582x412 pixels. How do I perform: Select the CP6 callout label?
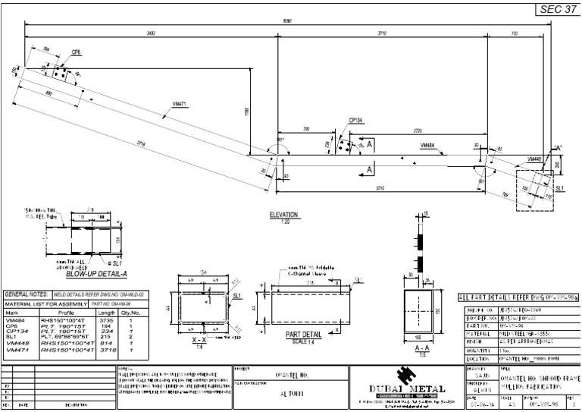pyautogui.click(x=76, y=52)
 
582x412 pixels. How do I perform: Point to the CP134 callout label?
pyautogui.click(x=356, y=120)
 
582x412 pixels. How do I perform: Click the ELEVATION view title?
pyautogui.click(x=284, y=215)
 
